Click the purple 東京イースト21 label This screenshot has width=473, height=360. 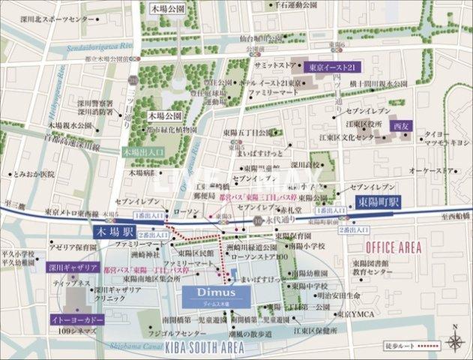[x=335, y=67]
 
